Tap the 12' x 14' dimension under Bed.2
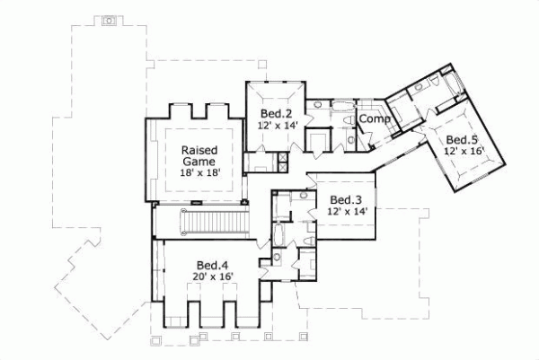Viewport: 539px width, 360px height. tap(277, 127)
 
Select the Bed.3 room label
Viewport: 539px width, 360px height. tap(346, 199)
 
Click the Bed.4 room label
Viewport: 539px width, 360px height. tap(213, 265)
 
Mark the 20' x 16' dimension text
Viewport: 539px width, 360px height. tap(213, 278)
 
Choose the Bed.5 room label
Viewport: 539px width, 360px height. tap(463, 139)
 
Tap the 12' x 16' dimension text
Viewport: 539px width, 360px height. tap(463, 152)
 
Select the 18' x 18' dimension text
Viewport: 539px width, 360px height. tap(200, 173)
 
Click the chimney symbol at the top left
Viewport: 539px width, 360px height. tap(109, 19)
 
